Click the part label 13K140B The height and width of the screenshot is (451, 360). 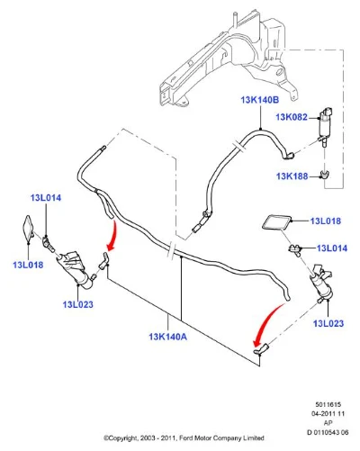260,100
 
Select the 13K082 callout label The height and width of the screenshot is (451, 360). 292,117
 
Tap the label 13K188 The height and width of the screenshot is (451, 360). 292,176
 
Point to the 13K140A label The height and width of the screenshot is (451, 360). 168,337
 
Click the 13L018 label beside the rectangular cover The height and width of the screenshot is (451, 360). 326,221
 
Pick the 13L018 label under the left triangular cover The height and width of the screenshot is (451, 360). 28,265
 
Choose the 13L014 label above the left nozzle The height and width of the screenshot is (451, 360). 46,198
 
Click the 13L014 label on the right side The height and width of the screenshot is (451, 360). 332,248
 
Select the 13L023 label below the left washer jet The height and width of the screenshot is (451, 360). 78,304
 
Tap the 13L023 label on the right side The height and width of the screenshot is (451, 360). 328,323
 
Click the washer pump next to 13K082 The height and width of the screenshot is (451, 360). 325,126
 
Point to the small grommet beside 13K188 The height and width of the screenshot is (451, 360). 324,174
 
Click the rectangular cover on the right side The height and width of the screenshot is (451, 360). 276,222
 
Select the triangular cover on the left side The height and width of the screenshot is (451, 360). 29,229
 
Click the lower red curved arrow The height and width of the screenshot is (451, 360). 265,322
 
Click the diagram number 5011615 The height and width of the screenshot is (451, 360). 328,404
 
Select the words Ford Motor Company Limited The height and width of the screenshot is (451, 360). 221,438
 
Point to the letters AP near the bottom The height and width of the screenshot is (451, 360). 328,423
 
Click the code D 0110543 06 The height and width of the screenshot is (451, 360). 328,432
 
